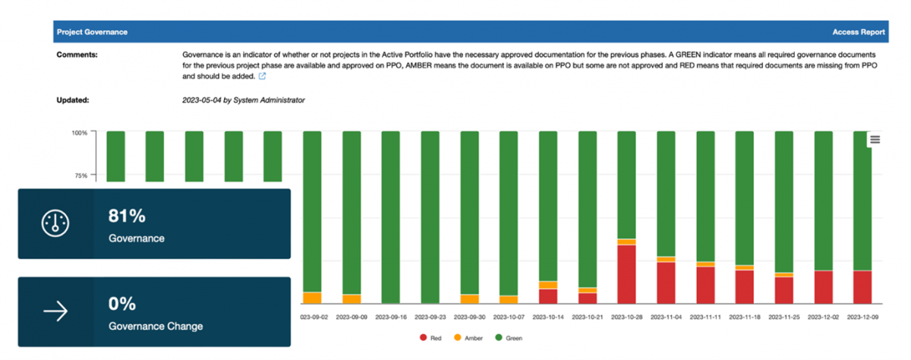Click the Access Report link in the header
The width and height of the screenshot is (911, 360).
pyautogui.click(x=858, y=32)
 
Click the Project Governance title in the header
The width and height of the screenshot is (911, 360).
pyautogui.click(x=92, y=32)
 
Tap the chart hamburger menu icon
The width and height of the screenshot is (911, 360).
pyautogui.click(x=875, y=139)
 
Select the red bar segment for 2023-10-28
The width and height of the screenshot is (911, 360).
pyautogui.click(x=626, y=273)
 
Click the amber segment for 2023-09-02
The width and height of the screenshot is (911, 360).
pyautogui.click(x=311, y=298)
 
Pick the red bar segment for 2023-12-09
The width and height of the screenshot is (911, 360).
pyautogui.click(x=862, y=287)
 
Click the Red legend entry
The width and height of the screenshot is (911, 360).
pyautogui.click(x=431, y=337)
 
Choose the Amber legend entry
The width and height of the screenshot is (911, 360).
pyautogui.click(x=468, y=337)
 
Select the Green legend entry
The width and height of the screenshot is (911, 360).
pyautogui.click(x=509, y=337)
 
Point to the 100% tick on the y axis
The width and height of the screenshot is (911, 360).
pyautogui.click(x=80, y=132)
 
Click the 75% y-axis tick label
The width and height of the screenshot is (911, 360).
pyautogui.click(x=81, y=175)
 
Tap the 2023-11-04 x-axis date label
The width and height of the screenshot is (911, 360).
pyautogui.click(x=666, y=316)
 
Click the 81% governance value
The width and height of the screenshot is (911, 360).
pyautogui.click(x=127, y=216)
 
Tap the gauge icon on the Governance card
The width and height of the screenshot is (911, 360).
pyautogui.click(x=55, y=223)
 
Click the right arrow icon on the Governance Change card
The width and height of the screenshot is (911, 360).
pyautogui.click(x=55, y=311)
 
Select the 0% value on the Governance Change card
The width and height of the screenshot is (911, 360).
pyautogui.click(x=122, y=305)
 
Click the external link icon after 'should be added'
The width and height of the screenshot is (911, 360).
pyautogui.click(x=262, y=77)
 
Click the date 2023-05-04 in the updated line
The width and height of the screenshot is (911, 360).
pyautogui.click(x=202, y=99)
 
